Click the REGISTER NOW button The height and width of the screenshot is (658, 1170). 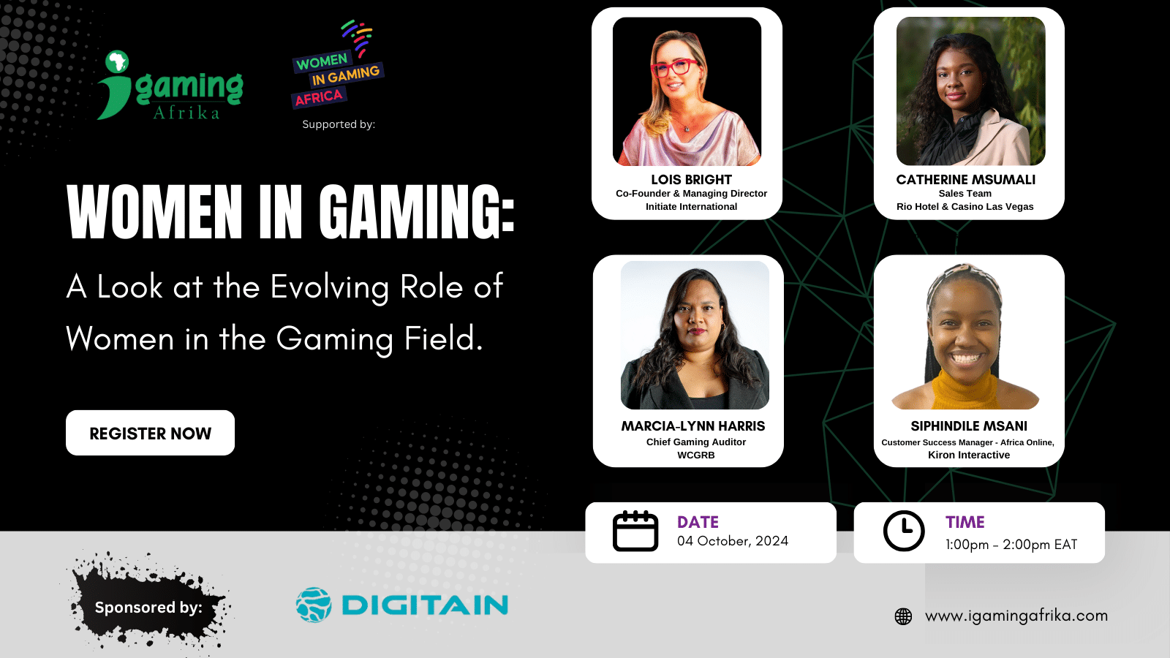pos(151,433)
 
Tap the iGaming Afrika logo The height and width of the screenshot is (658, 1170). pos(170,85)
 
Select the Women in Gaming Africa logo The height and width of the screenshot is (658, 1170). pos(337,64)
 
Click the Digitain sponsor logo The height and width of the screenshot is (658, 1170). pos(401,605)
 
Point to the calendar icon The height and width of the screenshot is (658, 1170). pos(635,531)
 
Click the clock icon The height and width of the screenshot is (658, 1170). pos(904,531)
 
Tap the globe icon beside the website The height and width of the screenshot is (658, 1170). pos(903,616)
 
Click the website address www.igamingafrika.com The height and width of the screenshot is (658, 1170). pos(1016,616)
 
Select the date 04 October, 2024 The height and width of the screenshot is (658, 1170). pos(733,541)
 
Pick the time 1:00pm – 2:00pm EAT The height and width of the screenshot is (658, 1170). pos(1011,545)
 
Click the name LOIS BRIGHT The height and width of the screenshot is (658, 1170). pos(691,180)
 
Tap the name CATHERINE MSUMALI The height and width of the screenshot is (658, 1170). pos(966,180)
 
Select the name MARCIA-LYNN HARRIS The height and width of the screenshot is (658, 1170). pos(693,426)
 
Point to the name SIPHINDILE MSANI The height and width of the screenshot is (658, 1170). pos(969,426)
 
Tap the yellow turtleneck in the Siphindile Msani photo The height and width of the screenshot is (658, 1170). pos(965,390)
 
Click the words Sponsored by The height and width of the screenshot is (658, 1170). pos(148,608)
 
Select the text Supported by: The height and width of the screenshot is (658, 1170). pos(339,124)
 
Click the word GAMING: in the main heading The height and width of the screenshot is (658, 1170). pos(417,212)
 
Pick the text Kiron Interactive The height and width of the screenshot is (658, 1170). pos(969,455)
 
